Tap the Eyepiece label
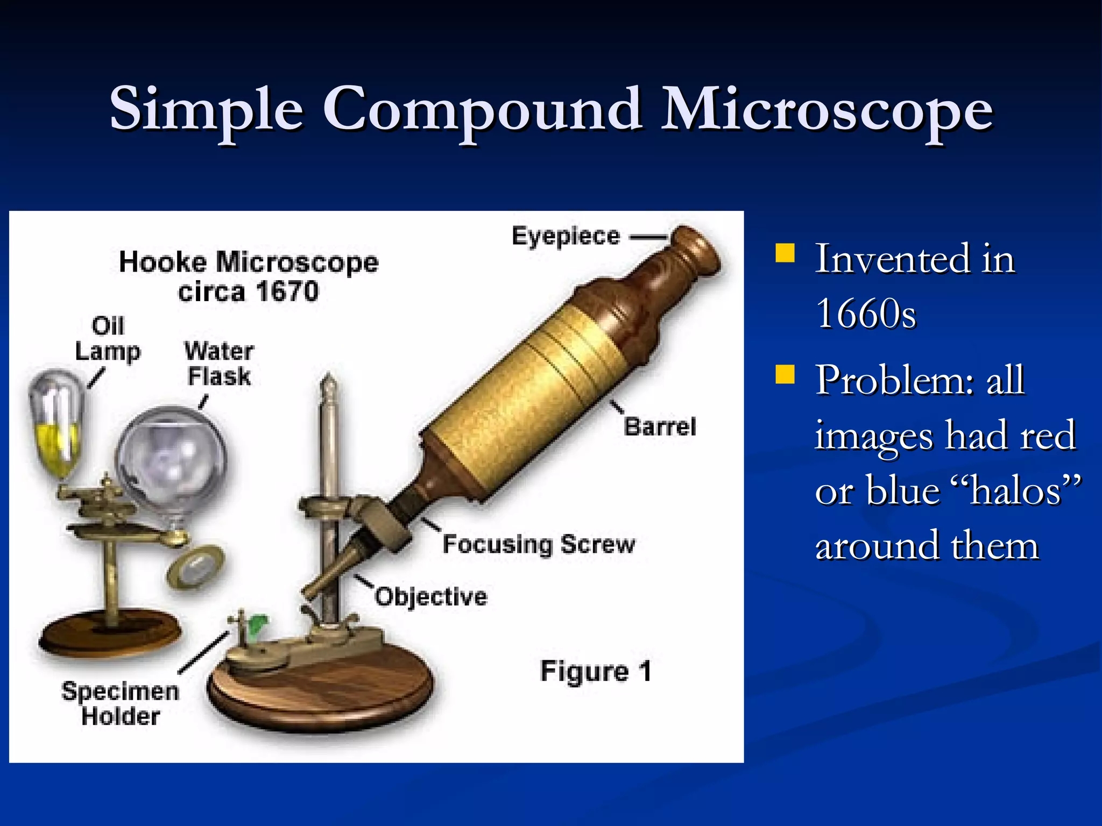pos(566,237)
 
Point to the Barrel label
pos(660,427)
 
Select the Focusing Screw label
pos(539,544)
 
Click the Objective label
pos(431,597)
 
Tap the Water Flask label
pos(218,364)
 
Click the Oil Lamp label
pos(108,339)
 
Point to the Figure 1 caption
pos(596,671)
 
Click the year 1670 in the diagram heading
pos(287,292)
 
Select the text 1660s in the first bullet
pos(865,314)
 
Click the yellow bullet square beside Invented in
pos(785,253)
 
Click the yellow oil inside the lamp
pos(58,446)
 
